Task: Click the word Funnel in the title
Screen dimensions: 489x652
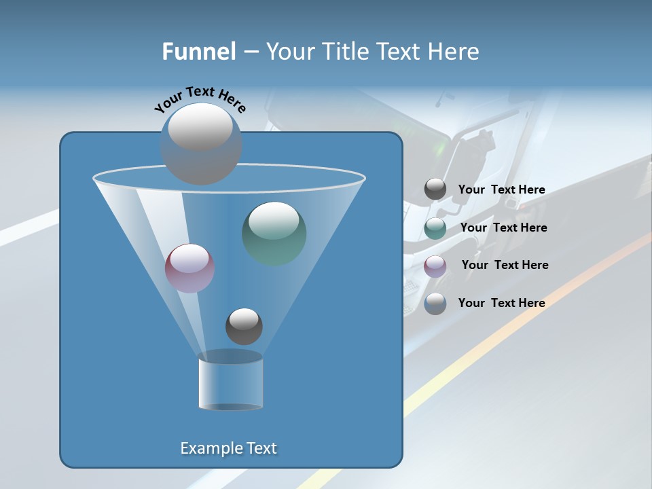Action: click(x=198, y=52)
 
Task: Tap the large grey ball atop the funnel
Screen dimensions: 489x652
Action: click(x=200, y=143)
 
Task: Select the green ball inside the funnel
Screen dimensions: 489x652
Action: click(x=274, y=233)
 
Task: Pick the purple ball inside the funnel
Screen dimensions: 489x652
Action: click(x=189, y=268)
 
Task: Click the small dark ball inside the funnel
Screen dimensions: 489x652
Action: click(x=244, y=326)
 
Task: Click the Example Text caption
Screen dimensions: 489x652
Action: click(x=228, y=448)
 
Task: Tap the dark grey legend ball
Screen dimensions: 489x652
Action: click(x=435, y=189)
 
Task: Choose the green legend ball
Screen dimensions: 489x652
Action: click(x=435, y=228)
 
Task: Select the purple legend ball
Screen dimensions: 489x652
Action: click(x=435, y=266)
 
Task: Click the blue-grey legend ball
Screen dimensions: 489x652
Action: click(x=435, y=304)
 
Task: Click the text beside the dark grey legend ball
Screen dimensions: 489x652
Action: click(x=501, y=189)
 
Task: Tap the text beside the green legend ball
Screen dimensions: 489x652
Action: click(x=503, y=228)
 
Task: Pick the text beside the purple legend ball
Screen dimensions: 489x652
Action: click(x=505, y=265)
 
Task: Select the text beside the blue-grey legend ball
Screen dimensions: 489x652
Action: click(x=501, y=303)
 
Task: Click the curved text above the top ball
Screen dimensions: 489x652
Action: click(x=200, y=98)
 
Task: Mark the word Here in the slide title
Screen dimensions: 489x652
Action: click(x=454, y=52)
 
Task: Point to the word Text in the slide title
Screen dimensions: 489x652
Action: click(x=401, y=52)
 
